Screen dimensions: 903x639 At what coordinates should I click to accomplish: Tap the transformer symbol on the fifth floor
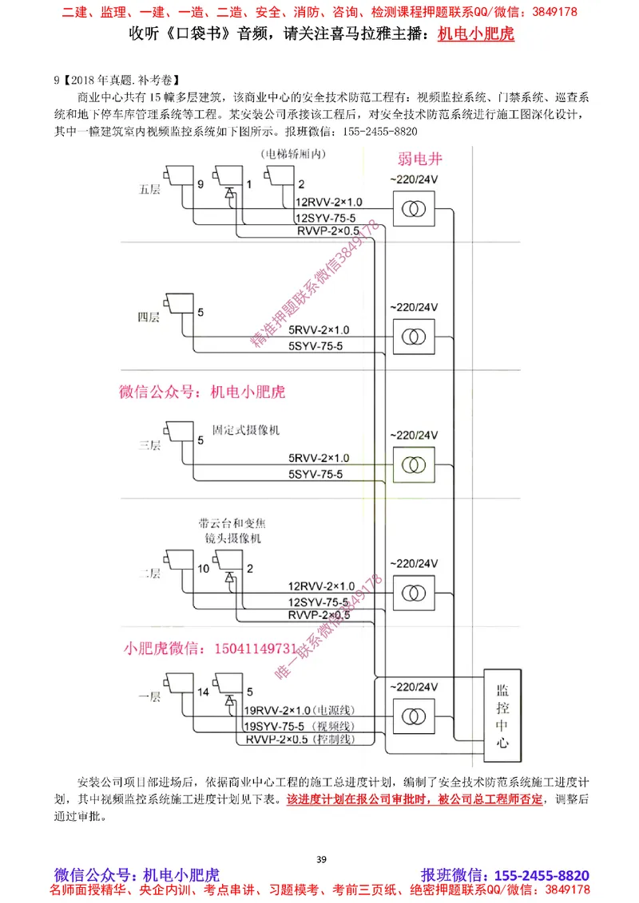[x=413, y=210]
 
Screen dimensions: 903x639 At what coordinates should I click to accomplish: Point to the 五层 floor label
[x=149, y=190]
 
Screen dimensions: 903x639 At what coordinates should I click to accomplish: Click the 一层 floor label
[x=149, y=696]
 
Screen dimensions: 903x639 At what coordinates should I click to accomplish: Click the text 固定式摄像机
[x=245, y=430]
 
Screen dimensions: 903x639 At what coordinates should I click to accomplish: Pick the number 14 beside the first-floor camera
[x=203, y=692]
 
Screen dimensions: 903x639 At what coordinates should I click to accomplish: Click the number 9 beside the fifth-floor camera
[x=200, y=185]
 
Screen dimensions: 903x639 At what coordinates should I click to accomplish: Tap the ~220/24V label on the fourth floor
[x=414, y=307]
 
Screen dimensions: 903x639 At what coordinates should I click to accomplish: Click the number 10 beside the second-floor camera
[x=203, y=568]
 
